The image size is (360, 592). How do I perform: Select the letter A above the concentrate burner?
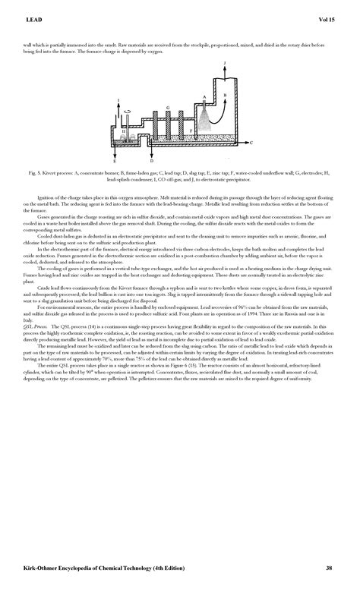point(204,97)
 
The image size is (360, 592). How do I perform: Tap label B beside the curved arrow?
point(224,93)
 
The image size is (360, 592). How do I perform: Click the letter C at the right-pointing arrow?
point(251,143)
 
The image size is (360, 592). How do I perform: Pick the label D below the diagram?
point(152,162)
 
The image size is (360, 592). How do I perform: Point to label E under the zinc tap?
point(115,162)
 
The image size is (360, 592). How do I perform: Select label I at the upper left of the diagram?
point(118,101)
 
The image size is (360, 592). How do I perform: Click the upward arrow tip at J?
point(226,66)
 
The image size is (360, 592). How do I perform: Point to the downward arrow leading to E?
point(115,152)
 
